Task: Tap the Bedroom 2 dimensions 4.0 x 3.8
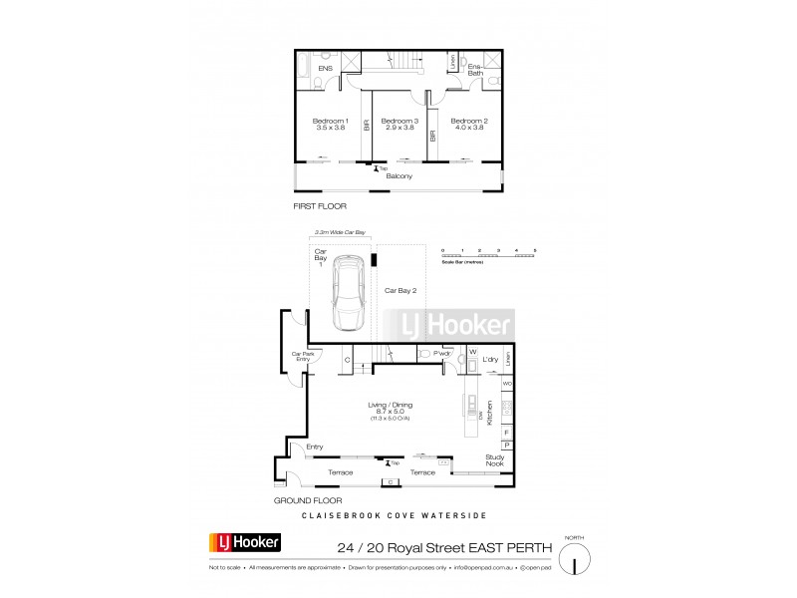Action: (x=467, y=128)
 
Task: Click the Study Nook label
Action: (x=495, y=459)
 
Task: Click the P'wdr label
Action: (x=443, y=353)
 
